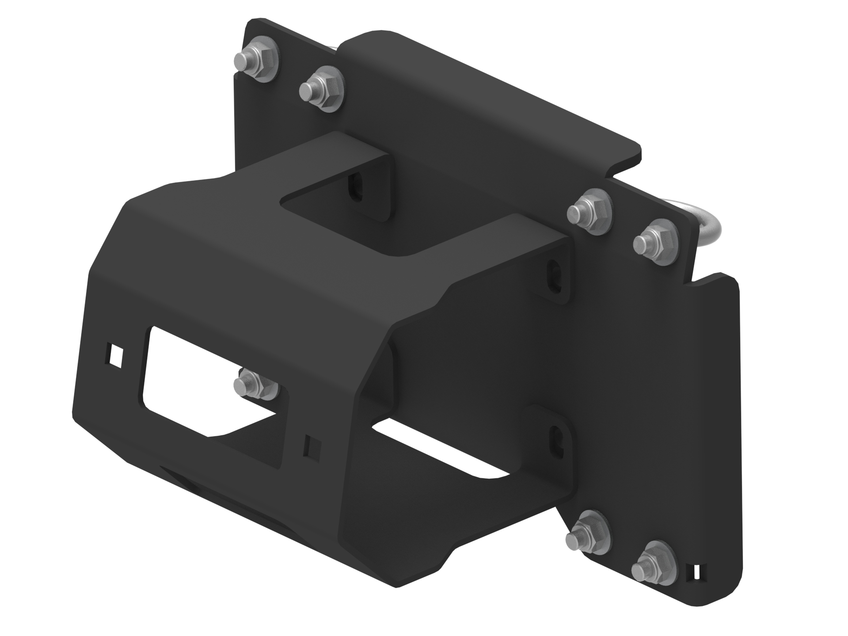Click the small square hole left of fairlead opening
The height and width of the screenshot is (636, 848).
tap(116, 355)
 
